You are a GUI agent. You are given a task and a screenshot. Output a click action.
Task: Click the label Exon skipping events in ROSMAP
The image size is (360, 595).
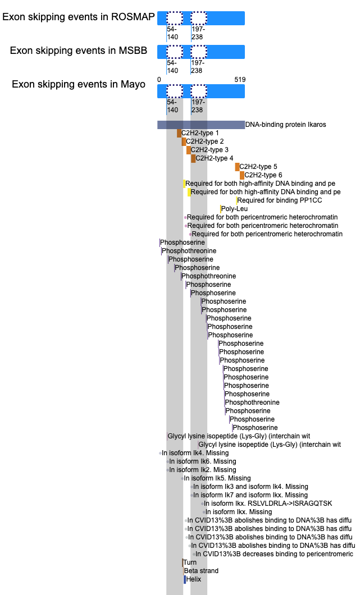pyautogui.click(x=79, y=17)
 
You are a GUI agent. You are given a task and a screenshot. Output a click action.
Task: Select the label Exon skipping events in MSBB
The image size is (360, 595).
pyautogui.click(x=79, y=51)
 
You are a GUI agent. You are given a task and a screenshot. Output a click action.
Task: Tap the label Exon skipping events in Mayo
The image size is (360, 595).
pyautogui.click(x=79, y=84)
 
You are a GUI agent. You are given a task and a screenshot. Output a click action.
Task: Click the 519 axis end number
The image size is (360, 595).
pyautogui.click(x=240, y=80)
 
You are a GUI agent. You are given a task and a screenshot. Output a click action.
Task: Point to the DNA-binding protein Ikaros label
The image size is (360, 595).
pyautogui.click(x=285, y=125)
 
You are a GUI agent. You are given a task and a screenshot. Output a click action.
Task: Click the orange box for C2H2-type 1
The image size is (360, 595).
pyautogui.click(x=179, y=133)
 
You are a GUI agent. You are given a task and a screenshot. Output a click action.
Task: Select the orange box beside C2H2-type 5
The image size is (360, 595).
pyautogui.click(x=237, y=167)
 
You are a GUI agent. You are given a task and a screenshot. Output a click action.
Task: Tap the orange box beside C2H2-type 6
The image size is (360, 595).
pyautogui.click(x=242, y=175)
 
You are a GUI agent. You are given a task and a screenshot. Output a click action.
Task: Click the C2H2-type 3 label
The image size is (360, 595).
pyautogui.click(x=209, y=150)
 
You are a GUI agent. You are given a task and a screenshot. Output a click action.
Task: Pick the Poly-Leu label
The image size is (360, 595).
pyautogui.click(x=234, y=209)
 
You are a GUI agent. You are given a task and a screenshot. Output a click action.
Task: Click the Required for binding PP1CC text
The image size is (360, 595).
pyautogui.click(x=280, y=200)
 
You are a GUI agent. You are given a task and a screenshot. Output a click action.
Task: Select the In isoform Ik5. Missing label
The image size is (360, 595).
pyautogui.click(x=217, y=478)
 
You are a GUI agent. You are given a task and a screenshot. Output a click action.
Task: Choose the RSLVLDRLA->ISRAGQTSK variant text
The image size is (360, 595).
pyautogui.click(x=268, y=504)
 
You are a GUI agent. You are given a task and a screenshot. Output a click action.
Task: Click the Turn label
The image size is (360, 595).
pyautogui.click(x=190, y=562)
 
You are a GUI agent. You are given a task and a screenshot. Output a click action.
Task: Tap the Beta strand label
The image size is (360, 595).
pyautogui.click(x=201, y=571)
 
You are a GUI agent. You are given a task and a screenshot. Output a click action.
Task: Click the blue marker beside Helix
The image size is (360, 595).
pyautogui.click(x=185, y=579)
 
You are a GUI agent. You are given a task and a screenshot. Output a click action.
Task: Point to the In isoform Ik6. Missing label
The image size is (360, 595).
pyautogui.click(x=203, y=461)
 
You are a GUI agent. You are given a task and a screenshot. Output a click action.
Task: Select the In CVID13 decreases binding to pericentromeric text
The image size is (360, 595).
pyautogui.click(x=274, y=554)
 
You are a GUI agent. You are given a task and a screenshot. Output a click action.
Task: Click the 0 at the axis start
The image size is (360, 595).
pyautogui.click(x=159, y=80)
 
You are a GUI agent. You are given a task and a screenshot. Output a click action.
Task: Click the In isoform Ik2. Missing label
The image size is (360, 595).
pyautogui.click(x=203, y=470)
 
